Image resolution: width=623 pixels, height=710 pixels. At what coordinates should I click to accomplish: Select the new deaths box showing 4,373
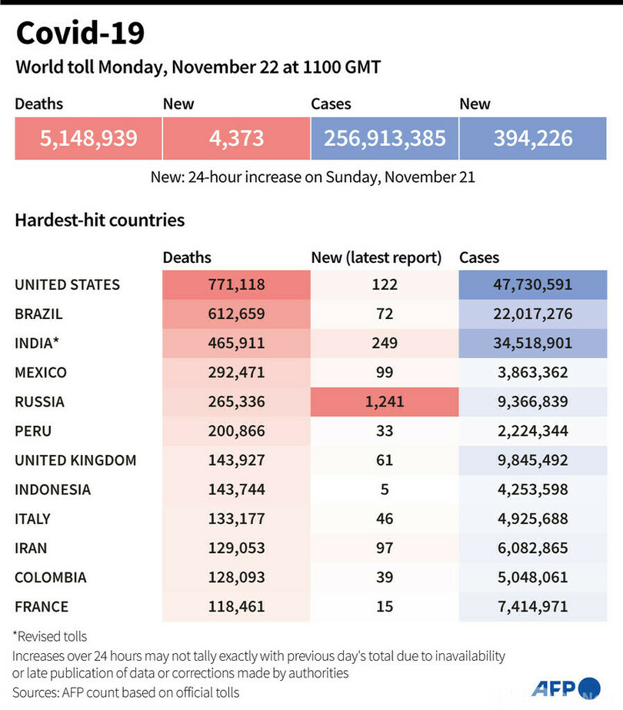[235, 138]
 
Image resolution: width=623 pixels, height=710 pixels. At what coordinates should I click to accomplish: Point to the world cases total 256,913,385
[385, 138]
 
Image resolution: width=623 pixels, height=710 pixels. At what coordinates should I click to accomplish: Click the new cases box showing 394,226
[533, 138]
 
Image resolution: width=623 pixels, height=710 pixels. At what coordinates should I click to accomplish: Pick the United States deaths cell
[235, 284]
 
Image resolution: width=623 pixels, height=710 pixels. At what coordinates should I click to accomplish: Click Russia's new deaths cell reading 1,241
[384, 402]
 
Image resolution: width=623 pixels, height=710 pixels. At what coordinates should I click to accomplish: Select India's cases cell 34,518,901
[533, 343]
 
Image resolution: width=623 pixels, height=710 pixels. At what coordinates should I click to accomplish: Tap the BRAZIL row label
[38, 314]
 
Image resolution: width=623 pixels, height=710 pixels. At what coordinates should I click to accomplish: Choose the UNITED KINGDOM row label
[75, 460]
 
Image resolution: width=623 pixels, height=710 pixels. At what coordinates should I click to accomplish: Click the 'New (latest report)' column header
[376, 258]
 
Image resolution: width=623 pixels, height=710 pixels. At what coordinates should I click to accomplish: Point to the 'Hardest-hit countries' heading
[99, 221]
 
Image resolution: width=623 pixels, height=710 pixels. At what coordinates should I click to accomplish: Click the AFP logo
[566, 688]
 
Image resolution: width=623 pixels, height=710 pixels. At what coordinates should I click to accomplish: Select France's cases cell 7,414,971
[533, 607]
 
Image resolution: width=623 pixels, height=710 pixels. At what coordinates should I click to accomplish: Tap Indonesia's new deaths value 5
[384, 489]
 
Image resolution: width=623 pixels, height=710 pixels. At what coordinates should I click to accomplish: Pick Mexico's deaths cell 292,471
[235, 373]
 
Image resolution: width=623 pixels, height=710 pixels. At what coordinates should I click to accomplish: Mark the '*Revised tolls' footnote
[50, 636]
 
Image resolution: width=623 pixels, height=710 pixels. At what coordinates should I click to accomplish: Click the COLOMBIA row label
[51, 577]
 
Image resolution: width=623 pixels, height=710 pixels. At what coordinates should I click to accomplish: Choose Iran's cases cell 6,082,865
[533, 548]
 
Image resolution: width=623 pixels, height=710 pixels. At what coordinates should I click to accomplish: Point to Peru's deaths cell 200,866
[235, 431]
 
